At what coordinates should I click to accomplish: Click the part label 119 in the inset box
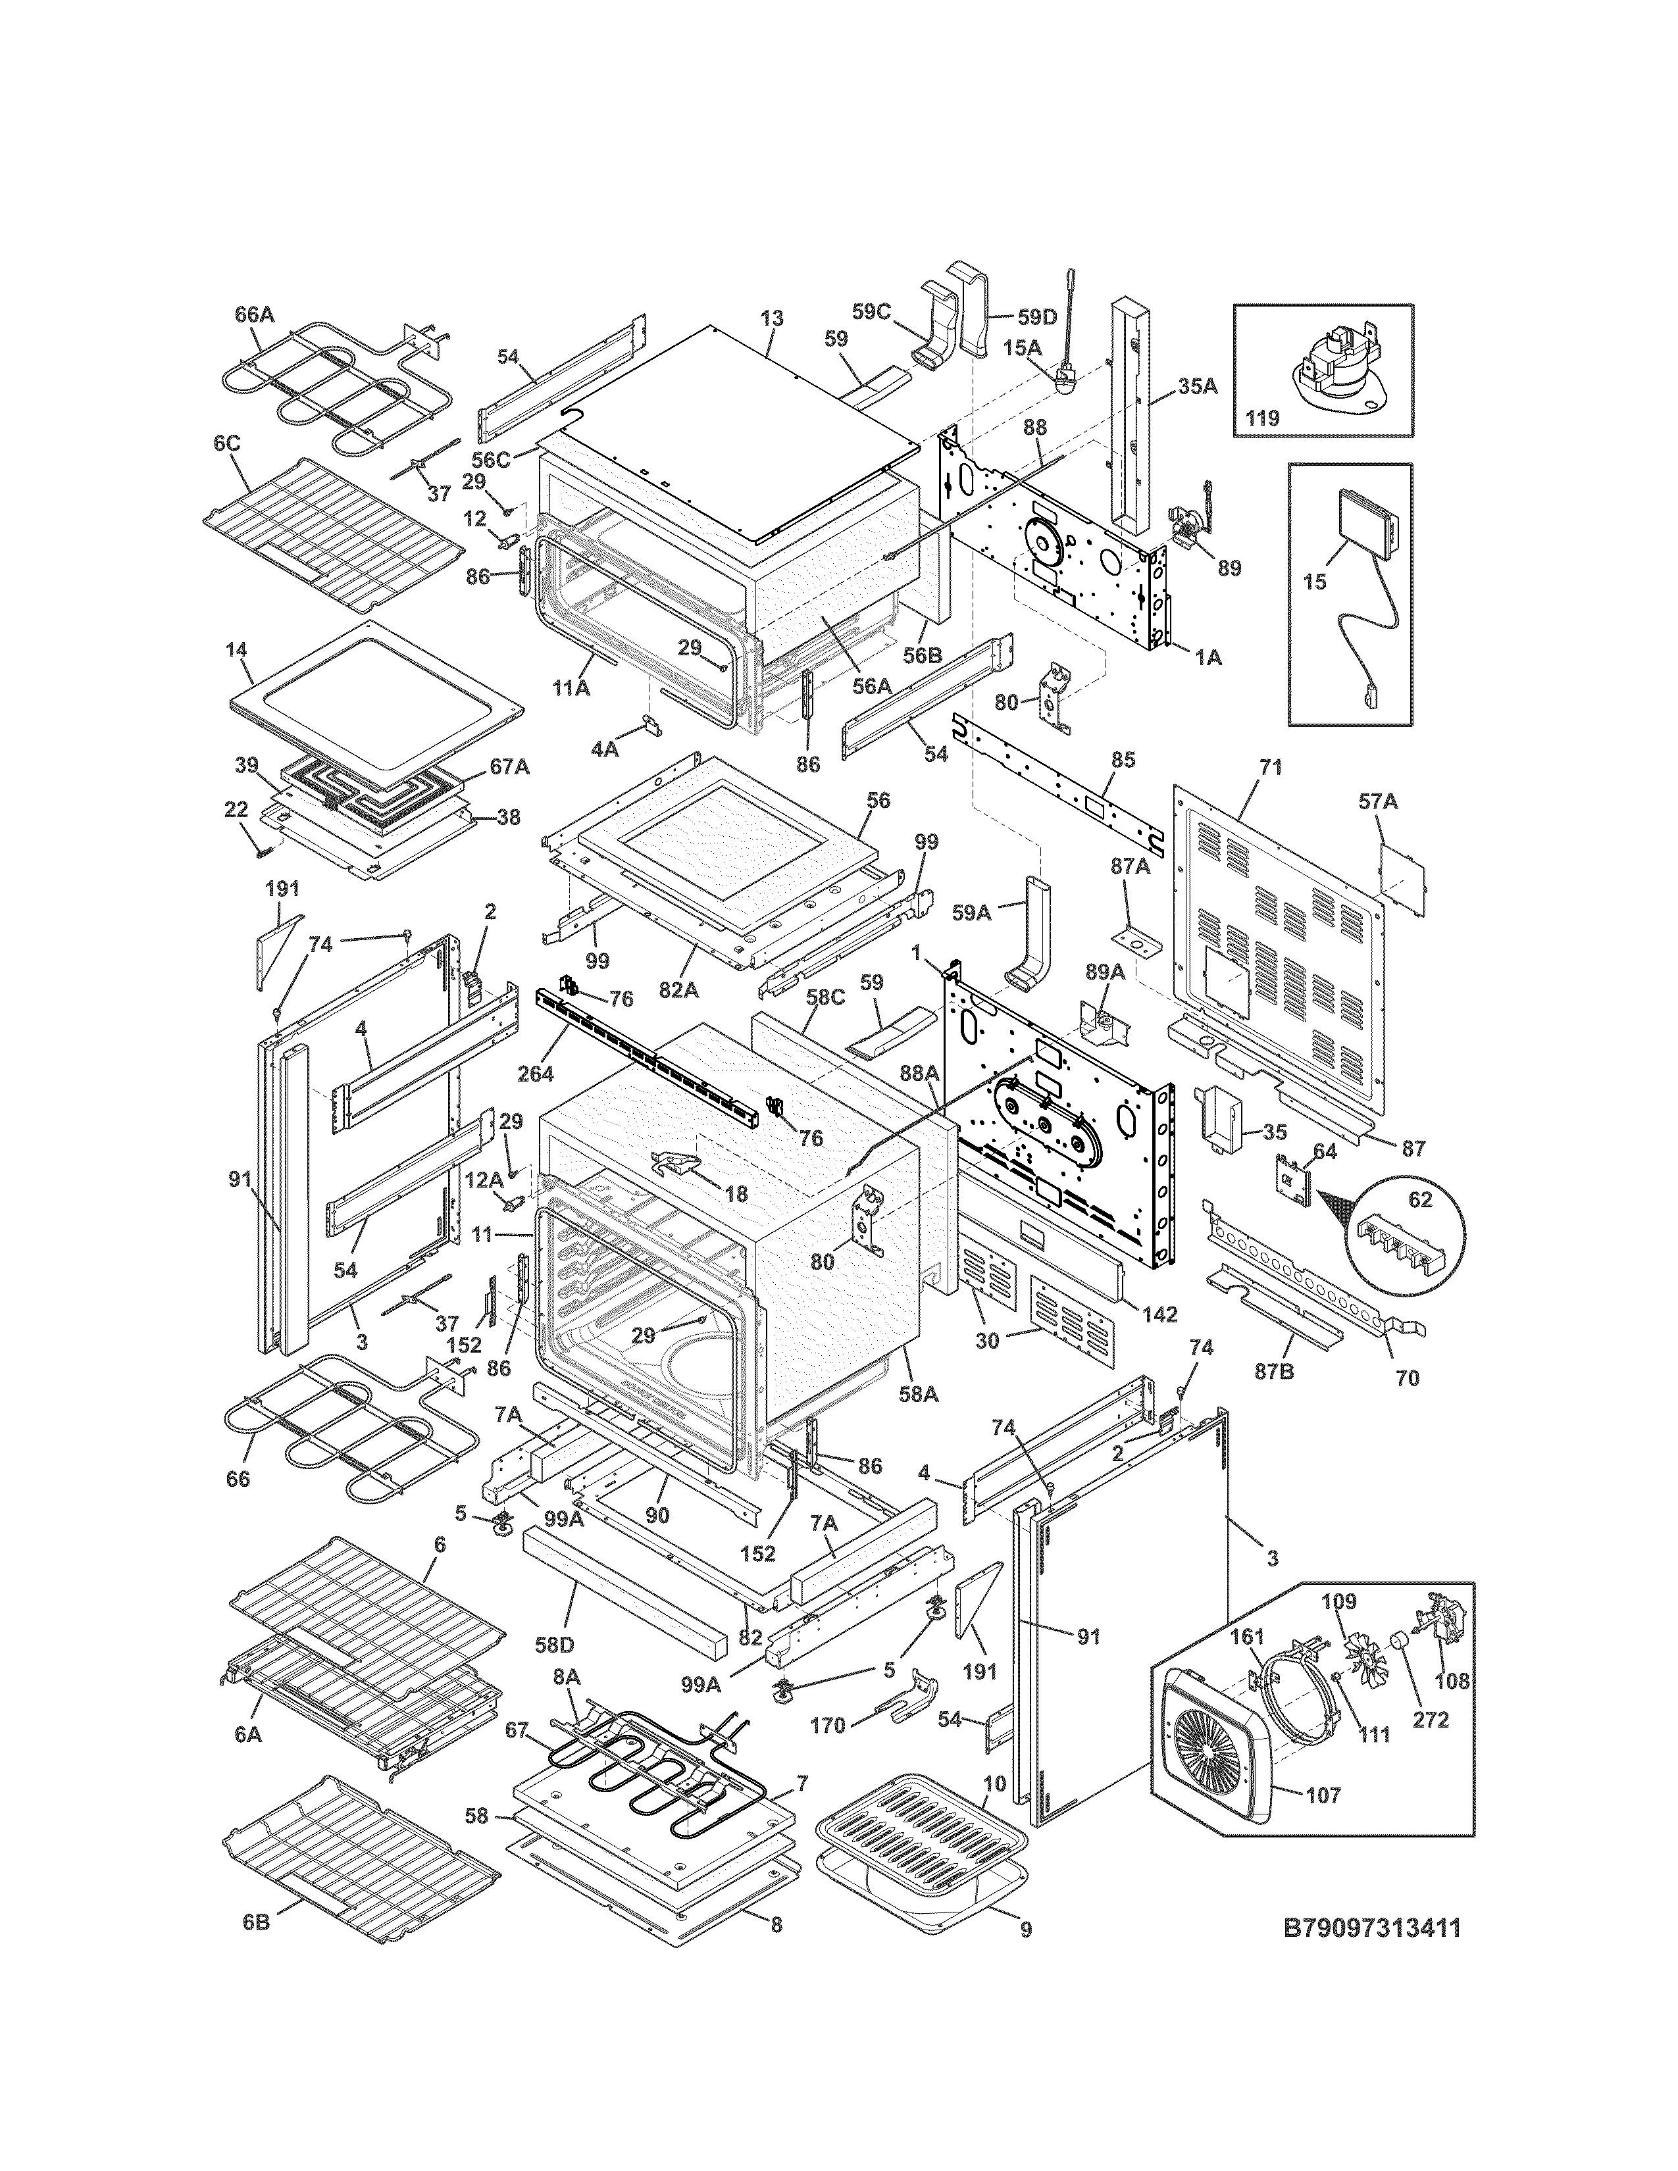tap(1263, 418)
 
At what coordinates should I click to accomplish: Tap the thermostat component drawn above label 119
tap(1329, 364)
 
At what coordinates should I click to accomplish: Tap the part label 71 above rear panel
tap(1271, 767)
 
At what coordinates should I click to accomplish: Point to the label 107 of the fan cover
tap(1322, 1795)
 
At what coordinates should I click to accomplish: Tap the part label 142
tap(1159, 1314)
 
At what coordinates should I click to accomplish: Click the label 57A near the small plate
tap(1378, 802)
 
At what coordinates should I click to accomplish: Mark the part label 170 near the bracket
tap(827, 1726)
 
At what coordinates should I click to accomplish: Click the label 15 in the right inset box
tap(1314, 582)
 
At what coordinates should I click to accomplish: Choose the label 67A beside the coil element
tap(509, 766)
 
